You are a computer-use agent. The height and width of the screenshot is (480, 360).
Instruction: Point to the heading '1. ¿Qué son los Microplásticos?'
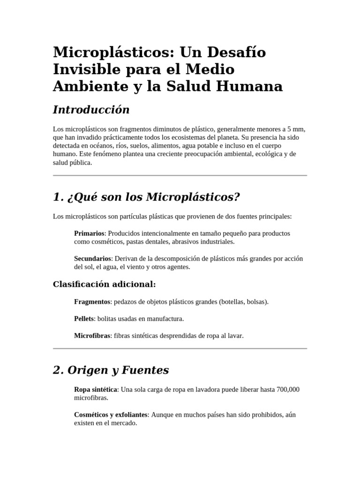tap(146, 197)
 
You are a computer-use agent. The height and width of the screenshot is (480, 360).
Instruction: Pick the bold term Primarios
tap(89, 233)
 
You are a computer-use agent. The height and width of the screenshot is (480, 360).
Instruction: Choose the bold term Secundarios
tap(93, 258)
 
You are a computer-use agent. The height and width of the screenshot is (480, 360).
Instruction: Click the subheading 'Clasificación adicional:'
tap(104, 285)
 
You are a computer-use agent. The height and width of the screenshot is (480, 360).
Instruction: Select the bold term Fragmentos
tap(92, 302)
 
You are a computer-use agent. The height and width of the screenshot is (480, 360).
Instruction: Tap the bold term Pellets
tap(84, 319)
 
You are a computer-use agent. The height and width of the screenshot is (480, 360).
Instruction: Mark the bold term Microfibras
tap(92, 336)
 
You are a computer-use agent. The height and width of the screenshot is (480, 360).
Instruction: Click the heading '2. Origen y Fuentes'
tap(111, 370)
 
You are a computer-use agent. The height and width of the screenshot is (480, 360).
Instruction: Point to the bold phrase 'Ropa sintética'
tap(95, 390)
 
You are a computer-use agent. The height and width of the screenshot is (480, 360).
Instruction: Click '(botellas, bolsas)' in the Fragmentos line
tap(243, 302)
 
